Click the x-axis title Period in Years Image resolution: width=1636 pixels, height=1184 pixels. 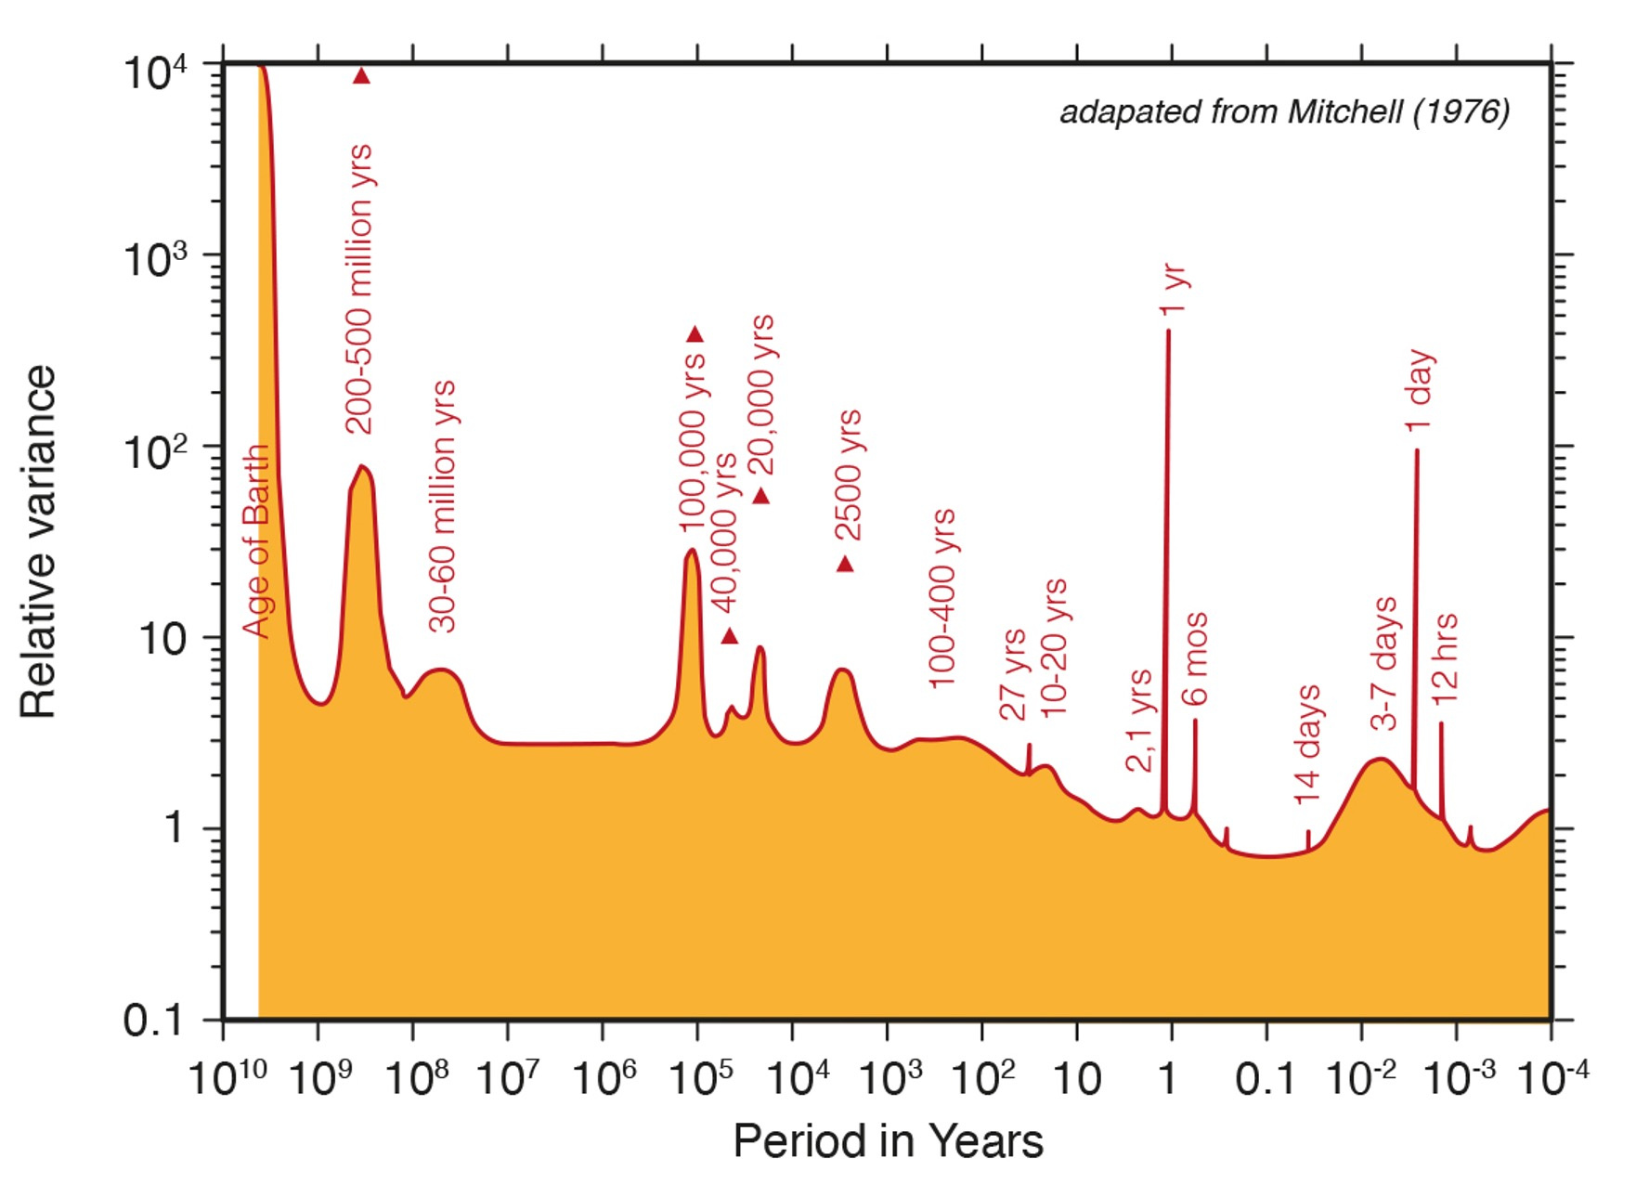[x=888, y=1139]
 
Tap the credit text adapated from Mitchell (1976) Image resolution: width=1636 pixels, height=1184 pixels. [x=1284, y=111]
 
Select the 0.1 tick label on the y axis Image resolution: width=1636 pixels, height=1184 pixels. [x=153, y=1021]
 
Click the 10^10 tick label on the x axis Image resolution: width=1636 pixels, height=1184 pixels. [x=227, y=1077]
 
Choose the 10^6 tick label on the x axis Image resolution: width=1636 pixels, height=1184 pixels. [x=604, y=1077]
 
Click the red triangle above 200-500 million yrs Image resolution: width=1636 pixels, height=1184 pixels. [x=361, y=76]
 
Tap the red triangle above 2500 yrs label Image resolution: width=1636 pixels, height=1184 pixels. [x=845, y=564]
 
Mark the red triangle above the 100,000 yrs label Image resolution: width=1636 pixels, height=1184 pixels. [x=695, y=334]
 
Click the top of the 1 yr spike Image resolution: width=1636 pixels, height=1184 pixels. [x=1168, y=331]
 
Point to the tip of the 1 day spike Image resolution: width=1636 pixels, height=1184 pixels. [x=1417, y=451]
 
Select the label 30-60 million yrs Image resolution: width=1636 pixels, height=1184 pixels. [x=444, y=506]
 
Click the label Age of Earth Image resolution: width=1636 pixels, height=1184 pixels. [x=256, y=541]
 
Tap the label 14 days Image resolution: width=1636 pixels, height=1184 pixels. [x=1307, y=745]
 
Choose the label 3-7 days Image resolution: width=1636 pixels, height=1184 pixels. [x=1383, y=663]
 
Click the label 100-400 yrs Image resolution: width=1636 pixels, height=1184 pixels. [x=941, y=598]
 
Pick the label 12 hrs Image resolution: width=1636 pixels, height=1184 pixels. [x=1445, y=657]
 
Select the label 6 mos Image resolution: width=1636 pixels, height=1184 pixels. [x=1195, y=658]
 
